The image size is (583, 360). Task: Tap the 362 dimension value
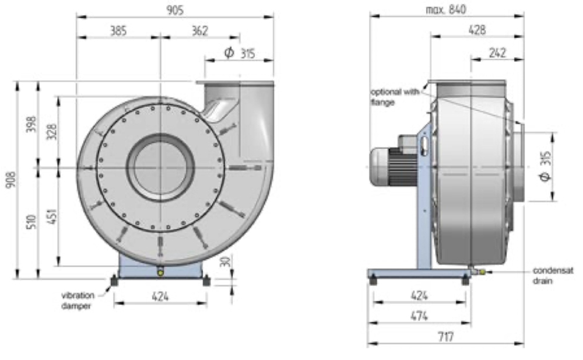(200, 31)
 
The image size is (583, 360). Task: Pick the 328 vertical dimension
(52, 132)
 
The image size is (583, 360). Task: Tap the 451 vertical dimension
(52, 217)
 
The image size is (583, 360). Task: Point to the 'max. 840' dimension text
(447, 9)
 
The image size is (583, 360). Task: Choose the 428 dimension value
(477, 30)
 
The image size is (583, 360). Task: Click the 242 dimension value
(497, 53)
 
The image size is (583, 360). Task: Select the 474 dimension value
(419, 316)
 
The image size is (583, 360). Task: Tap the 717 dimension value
(445, 337)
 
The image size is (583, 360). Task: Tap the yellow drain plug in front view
(160, 271)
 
